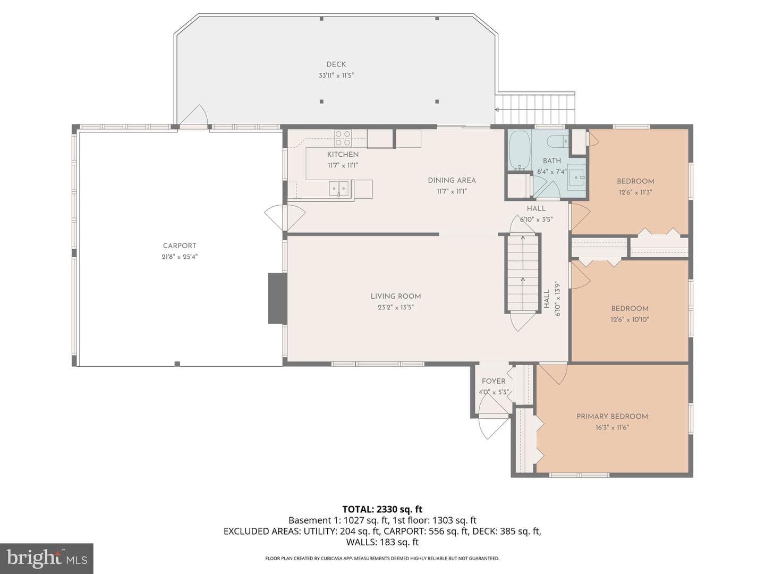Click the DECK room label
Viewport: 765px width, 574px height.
[x=336, y=64]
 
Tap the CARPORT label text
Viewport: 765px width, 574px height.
[x=180, y=246]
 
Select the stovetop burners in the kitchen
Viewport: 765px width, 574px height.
[x=343, y=138]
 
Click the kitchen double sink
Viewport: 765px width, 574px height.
[x=339, y=189]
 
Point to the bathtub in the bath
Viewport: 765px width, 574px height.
[x=520, y=150]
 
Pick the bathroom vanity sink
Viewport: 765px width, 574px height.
[x=576, y=177]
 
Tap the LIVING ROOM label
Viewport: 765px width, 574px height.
[x=396, y=296]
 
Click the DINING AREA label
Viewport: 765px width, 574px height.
[x=452, y=180]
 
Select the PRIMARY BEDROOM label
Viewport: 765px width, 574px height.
[x=612, y=417]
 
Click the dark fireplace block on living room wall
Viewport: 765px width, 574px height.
[x=277, y=298]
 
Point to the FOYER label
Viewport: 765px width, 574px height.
[x=494, y=381]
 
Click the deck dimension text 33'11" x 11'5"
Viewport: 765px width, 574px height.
[x=336, y=75]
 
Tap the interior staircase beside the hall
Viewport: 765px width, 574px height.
[x=523, y=274]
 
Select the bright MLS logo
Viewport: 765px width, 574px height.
[x=47, y=559]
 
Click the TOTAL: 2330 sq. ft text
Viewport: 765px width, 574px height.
[x=382, y=509]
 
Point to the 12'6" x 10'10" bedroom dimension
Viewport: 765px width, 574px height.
[x=630, y=319]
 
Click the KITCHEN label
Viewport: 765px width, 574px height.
[x=343, y=154]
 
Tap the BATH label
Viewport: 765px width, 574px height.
[x=552, y=161]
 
